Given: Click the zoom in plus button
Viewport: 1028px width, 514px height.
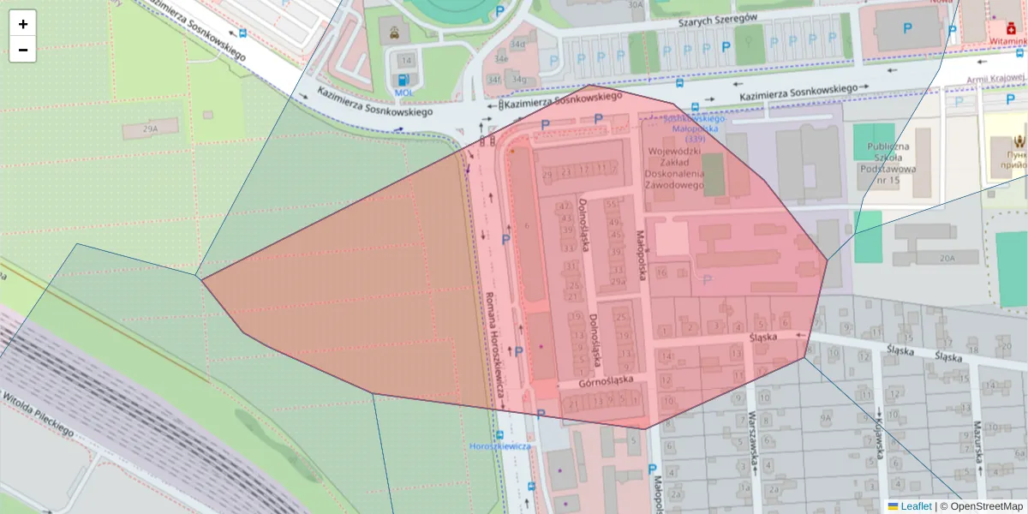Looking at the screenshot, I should click(23, 24).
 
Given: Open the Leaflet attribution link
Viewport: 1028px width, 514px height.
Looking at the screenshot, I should click(915, 506).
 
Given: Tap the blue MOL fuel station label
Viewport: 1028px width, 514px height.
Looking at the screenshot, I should click(403, 93).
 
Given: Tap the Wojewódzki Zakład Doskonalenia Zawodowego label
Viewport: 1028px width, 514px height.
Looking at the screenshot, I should click(676, 168).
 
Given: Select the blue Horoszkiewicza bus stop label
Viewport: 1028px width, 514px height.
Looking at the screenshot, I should click(500, 446).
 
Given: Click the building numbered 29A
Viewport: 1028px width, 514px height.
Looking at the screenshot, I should click(151, 128).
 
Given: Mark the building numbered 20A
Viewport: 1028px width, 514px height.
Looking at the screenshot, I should click(947, 258).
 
